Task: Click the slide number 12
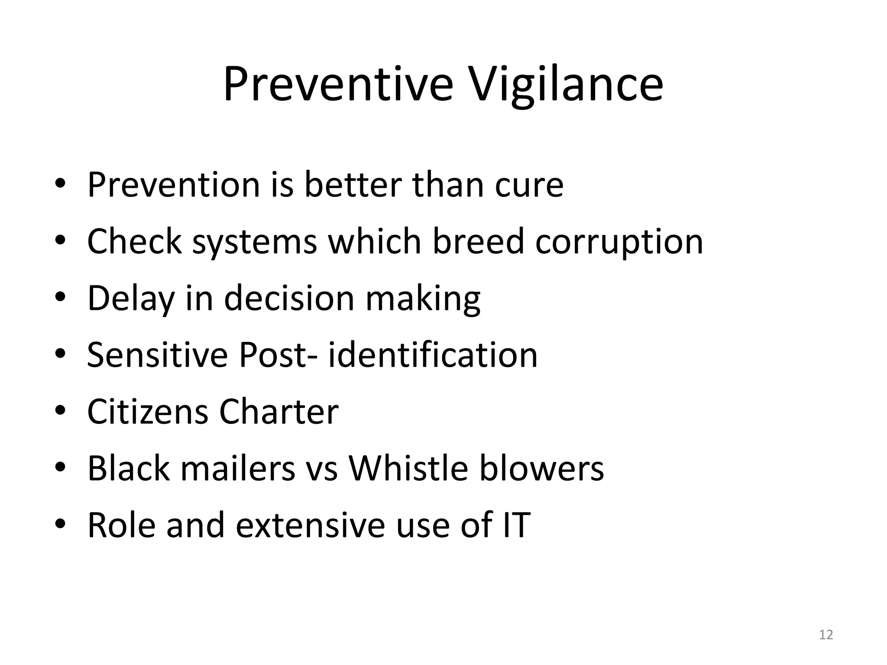(x=826, y=635)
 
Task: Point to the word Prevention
(x=173, y=185)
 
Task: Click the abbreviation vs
(x=321, y=469)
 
